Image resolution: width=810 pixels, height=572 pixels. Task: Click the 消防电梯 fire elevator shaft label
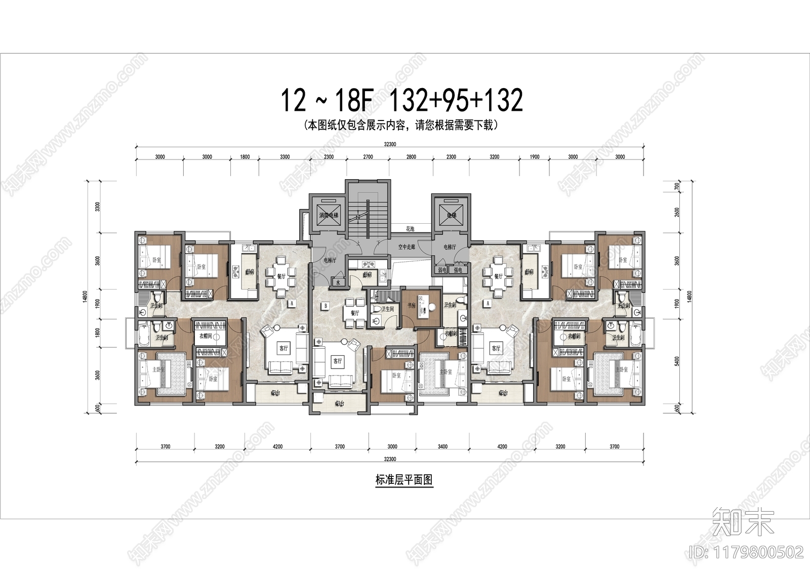coord(329,216)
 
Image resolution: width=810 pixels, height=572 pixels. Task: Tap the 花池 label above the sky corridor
coord(410,229)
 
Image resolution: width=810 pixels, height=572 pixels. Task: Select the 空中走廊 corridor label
coord(407,247)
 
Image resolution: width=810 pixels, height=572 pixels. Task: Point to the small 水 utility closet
coord(338,283)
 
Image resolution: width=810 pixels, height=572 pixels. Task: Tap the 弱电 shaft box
coord(441,270)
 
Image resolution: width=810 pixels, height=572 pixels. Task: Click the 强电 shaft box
coord(458,270)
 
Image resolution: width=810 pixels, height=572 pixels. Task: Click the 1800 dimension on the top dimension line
coord(245,157)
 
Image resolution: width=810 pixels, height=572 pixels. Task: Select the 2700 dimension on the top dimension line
coord(368,157)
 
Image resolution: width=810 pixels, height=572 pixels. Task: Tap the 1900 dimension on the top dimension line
coord(535,157)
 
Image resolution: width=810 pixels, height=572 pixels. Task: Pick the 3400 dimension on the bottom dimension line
coord(442,446)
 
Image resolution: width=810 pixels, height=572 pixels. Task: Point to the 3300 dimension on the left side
coord(98,207)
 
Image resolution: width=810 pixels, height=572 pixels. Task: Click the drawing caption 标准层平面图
coord(404,480)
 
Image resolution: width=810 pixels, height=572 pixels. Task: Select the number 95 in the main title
coord(446,100)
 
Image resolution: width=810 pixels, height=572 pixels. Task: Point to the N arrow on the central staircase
coord(357,217)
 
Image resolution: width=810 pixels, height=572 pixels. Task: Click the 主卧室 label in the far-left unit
coord(158,370)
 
